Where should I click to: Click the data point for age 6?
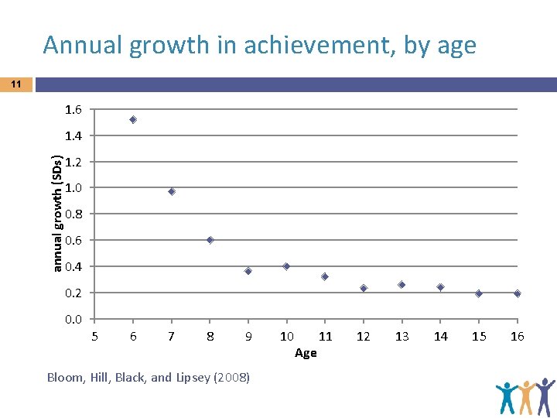133,120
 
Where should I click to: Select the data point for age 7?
172,191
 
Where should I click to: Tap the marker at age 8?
210,240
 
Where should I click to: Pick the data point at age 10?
286,266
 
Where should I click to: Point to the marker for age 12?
364,288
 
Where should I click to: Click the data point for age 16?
517,293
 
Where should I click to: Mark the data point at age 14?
440,287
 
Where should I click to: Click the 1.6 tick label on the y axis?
74,109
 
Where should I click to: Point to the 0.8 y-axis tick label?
74,214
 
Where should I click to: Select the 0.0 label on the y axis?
74,319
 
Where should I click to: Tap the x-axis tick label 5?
94,336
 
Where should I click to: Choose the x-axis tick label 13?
402,336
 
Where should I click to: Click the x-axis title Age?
306,353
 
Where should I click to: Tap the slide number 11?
15,84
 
